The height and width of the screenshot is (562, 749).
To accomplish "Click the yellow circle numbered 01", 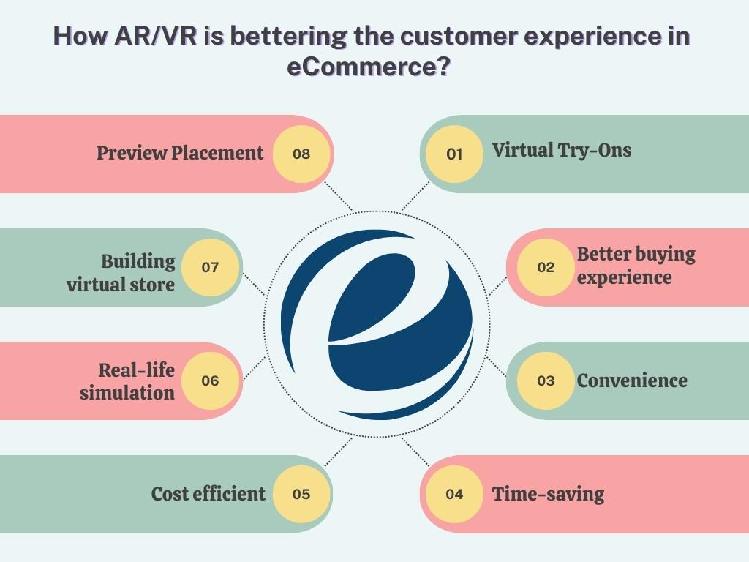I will click(x=454, y=154).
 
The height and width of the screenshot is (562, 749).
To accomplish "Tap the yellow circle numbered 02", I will click(x=546, y=267).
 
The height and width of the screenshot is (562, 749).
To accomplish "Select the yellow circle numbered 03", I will click(x=546, y=381).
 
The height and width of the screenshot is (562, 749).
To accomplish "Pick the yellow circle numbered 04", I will click(x=454, y=494).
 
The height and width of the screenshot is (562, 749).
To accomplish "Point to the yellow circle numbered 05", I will click(x=301, y=494).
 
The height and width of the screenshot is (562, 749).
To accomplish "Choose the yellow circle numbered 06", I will click(x=210, y=381).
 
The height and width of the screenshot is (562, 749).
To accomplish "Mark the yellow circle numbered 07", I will click(x=210, y=267).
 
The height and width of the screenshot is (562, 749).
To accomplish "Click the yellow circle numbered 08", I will click(x=301, y=154).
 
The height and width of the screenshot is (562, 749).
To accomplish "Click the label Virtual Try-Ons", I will click(x=561, y=151).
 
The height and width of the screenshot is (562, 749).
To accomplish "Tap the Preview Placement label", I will click(x=180, y=153).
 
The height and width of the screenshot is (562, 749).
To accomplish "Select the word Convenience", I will click(x=632, y=381).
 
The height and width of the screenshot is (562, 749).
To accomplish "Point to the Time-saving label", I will click(x=548, y=494).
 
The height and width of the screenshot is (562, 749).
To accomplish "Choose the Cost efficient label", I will click(x=208, y=494).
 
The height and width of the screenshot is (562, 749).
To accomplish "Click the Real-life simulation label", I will click(x=128, y=381).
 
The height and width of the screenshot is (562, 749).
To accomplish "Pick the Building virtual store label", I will click(x=121, y=272).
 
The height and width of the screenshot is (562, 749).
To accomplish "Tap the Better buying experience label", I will click(x=635, y=266).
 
